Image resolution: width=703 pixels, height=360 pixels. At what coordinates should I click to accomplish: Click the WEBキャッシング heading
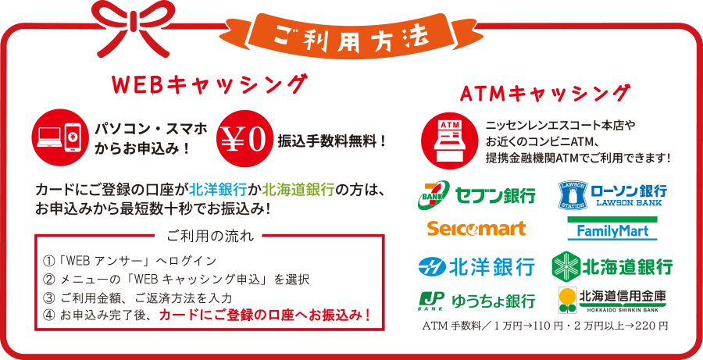click(210, 85)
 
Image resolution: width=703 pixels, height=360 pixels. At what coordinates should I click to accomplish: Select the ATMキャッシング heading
click(544, 94)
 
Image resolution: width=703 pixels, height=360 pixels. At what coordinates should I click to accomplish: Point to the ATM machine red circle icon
click(449, 139)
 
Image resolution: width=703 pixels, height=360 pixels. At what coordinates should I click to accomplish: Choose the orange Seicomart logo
click(476, 229)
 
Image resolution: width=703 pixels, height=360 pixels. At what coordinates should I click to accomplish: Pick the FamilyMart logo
click(612, 229)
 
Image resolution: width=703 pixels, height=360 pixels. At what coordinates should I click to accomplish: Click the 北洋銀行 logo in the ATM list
click(476, 266)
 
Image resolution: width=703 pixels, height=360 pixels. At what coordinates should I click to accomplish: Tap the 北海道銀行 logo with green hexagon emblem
click(612, 266)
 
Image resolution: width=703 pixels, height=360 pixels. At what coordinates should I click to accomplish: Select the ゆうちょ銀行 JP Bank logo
click(476, 300)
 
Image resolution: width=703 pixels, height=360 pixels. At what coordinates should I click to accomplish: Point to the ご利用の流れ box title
click(210, 235)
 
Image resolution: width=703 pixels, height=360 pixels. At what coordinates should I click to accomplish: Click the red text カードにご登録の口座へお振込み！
click(266, 315)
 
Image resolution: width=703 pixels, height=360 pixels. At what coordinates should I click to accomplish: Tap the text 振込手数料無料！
click(332, 141)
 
